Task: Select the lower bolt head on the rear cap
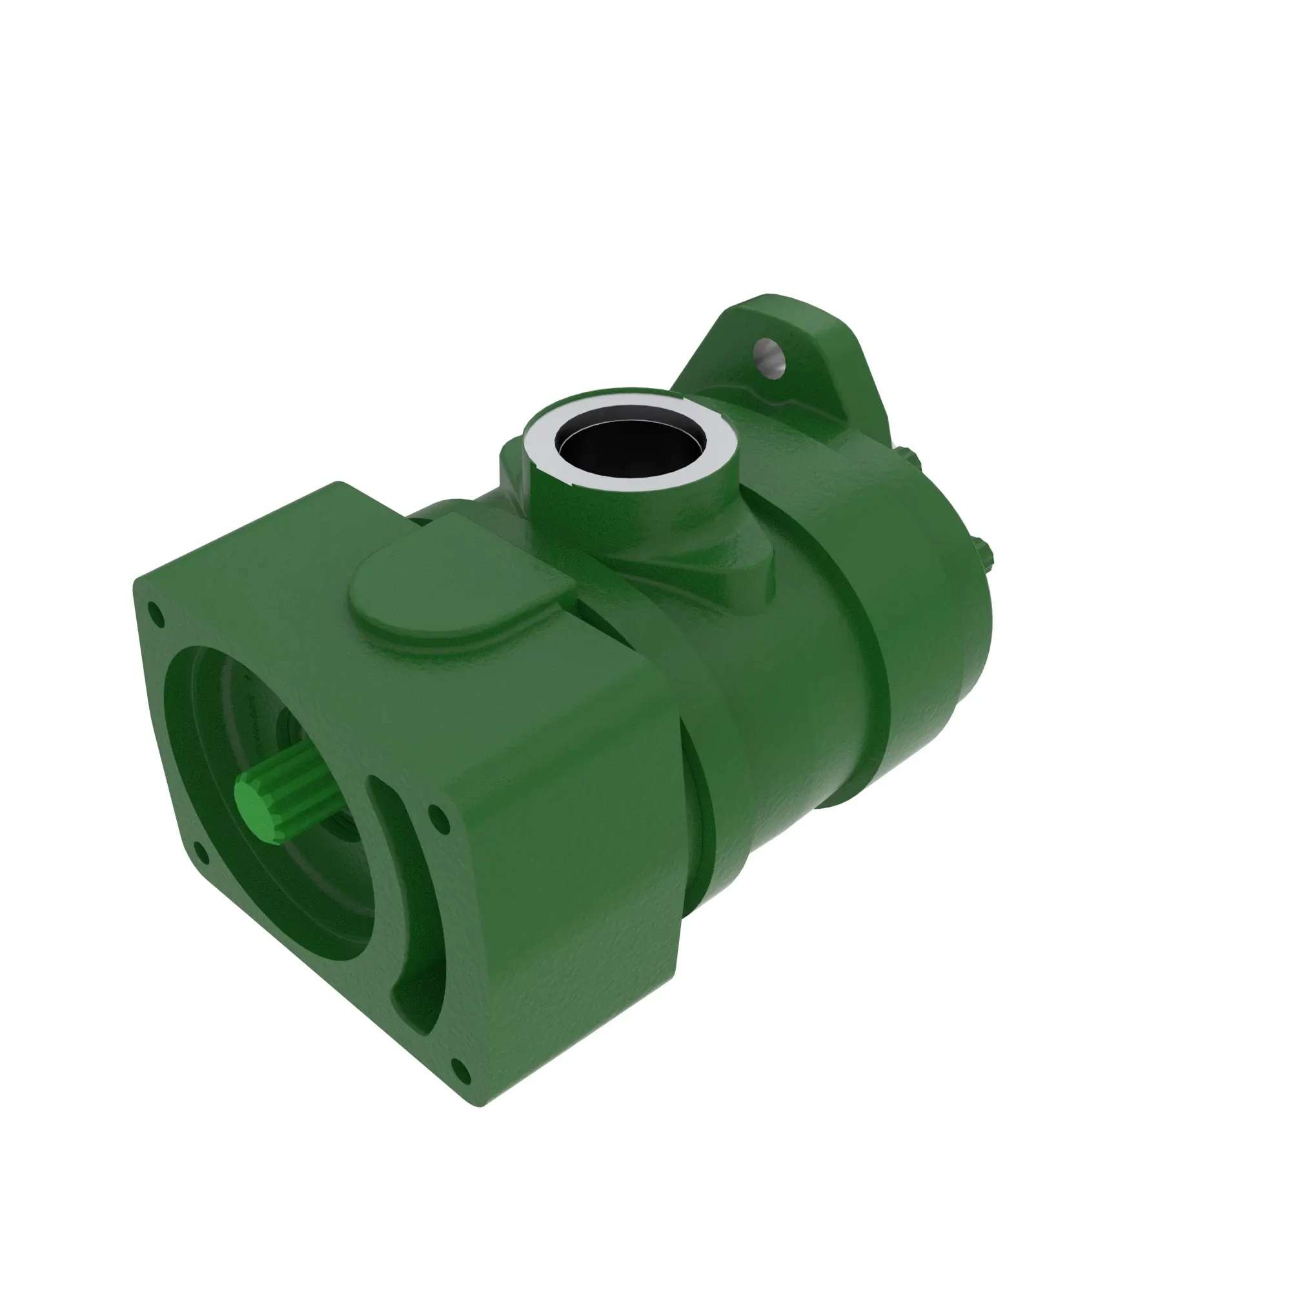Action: click(988, 554)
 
